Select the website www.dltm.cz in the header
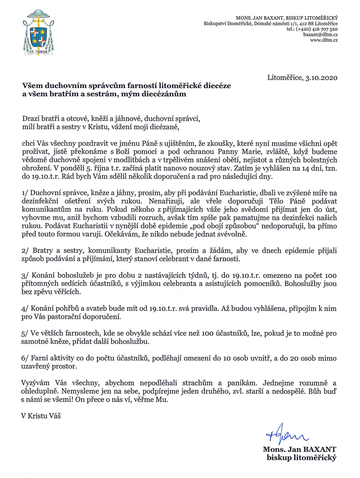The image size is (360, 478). click(x=324, y=40)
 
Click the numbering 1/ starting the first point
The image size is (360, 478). click(x=25, y=179)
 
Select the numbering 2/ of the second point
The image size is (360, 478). click(x=25, y=251)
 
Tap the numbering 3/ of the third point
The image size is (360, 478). click(x=25, y=276)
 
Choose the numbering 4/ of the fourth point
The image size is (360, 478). click(x=25, y=308)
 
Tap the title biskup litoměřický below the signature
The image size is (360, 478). click(x=303, y=457)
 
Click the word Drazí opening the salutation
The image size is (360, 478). click(x=31, y=118)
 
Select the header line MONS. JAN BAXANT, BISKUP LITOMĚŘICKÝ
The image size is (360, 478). click(x=292, y=16)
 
